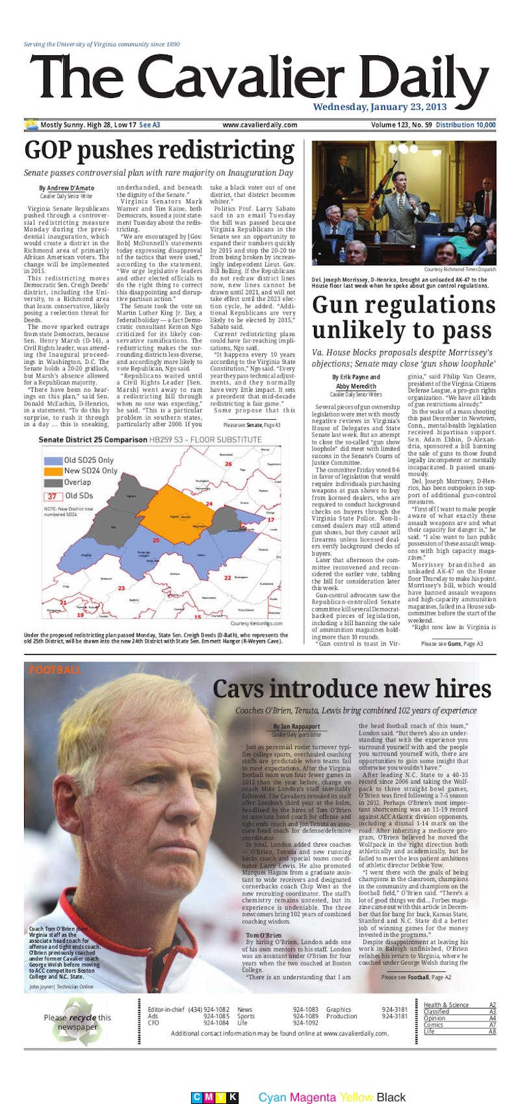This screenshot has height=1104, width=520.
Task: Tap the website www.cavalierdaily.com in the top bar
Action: pos(259,125)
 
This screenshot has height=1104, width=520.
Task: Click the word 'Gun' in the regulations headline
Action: pos(341,305)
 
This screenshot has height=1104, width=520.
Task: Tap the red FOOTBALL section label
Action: pos(55,669)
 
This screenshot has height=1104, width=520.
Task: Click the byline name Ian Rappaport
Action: pos(296,726)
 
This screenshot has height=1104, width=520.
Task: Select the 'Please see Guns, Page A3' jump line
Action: pos(452,625)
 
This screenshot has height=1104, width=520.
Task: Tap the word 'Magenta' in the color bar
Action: pos(313,1098)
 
